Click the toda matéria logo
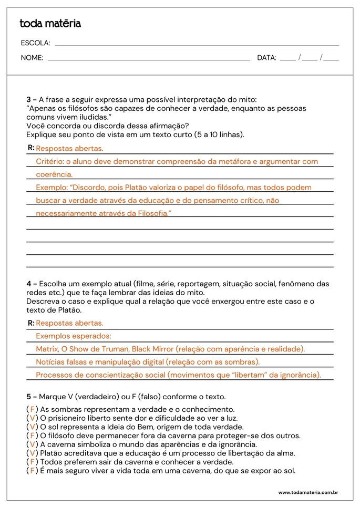(50, 24)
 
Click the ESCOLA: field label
(35, 43)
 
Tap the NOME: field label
(32, 58)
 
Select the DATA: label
(266, 58)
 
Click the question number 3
(29, 99)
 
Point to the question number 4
(29, 284)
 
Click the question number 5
(29, 397)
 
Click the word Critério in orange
(50, 162)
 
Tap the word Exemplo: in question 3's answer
(52, 188)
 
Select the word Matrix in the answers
(47, 349)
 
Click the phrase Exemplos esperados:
(74, 336)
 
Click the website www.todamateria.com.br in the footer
(307, 492)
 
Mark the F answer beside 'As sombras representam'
(32, 409)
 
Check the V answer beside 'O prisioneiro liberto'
(32, 418)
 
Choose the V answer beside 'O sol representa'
(32, 427)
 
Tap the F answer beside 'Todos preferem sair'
(32, 462)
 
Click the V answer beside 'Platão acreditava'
(32, 453)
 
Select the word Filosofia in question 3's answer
(151, 213)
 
